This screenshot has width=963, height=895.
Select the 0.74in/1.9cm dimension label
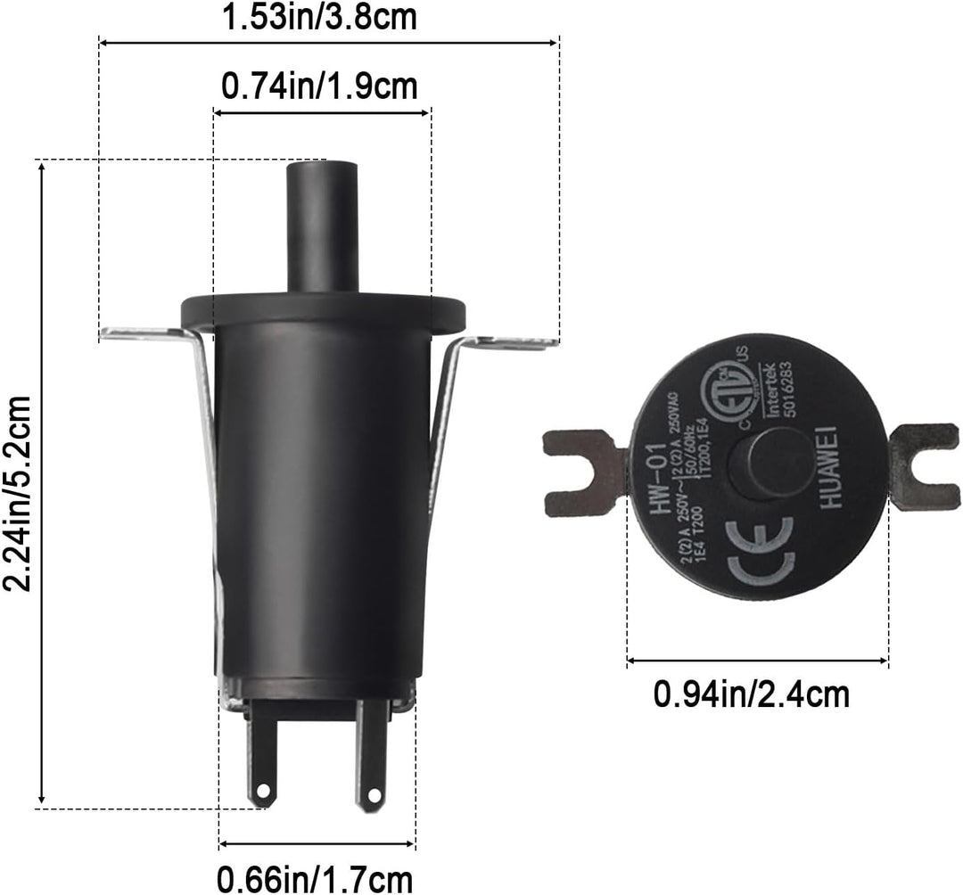click(319, 86)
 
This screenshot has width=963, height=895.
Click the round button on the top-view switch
click(758, 464)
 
